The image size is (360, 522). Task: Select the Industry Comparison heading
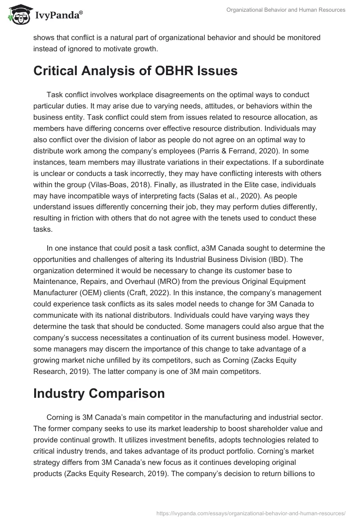tap(99, 392)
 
